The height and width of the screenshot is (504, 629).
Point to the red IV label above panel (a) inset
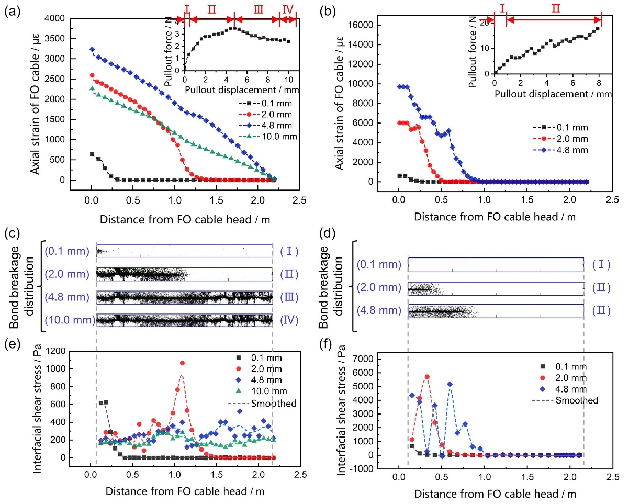[x=288, y=9]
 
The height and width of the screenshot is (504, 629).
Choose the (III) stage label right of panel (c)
[x=289, y=297]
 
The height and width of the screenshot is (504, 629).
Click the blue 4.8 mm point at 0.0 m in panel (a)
[x=92, y=49]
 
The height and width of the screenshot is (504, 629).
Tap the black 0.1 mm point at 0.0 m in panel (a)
[x=92, y=154]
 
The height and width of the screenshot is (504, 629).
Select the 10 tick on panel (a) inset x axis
[x=289, y=80]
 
